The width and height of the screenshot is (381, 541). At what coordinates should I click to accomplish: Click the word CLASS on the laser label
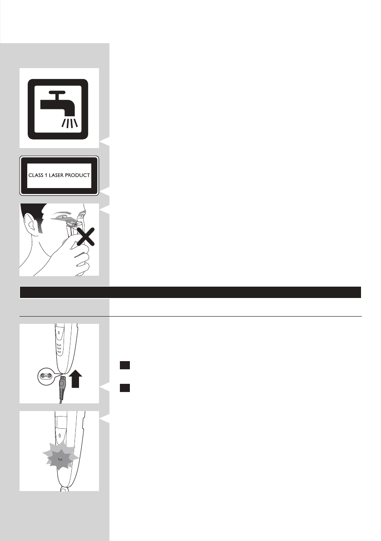pos(37,175)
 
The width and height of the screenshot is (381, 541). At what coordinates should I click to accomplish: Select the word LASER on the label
pos(57,175)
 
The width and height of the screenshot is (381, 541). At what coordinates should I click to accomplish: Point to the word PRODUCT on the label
pos(78,175)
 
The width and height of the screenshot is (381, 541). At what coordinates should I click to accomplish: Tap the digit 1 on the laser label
pos(46,175)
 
